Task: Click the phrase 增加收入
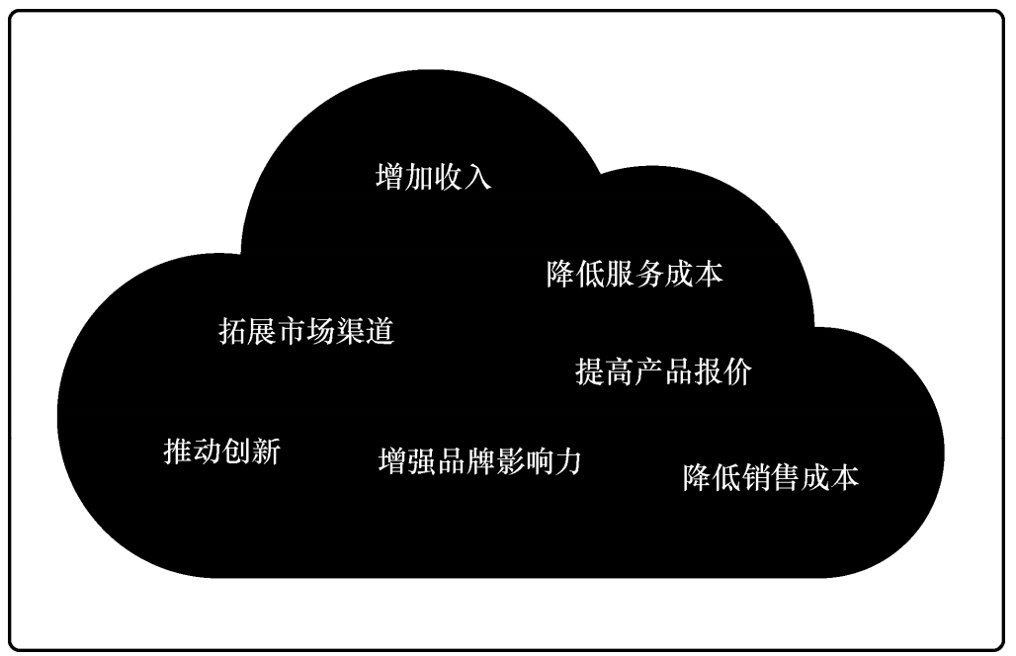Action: click(x=434, y=177)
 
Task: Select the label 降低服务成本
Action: click(x=635, y=274)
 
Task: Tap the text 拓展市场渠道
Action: click(x=306, y=331)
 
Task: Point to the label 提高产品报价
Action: click(x=663, y=371)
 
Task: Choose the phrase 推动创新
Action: click(x=221, y=451)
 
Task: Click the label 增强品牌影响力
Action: click(x=480, y=461)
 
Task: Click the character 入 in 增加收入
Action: click(x=477, y=177)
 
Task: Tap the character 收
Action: click(x=449, y=177)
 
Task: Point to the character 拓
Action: click(x=232, y=331)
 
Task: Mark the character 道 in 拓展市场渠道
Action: click(x=381, y=331)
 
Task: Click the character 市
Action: click(x=292, y=331)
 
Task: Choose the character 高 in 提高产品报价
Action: click(x=620, y=371)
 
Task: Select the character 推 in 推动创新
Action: click(x=178, y=451)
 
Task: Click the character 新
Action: click(x=266, y=451)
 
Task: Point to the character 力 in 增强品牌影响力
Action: click(x=567, y=461)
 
